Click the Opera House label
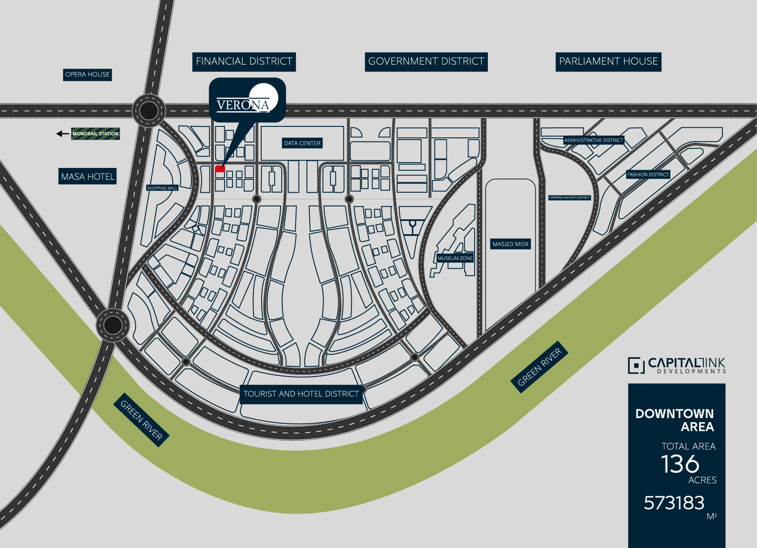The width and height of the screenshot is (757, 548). coord(87,75)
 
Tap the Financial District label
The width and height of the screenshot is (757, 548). coord(244,61)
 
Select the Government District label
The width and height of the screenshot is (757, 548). coord(426,61)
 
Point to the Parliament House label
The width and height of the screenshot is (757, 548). coord(608,61)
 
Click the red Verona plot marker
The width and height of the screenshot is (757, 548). coord(220,169)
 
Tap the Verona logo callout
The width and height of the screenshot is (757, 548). coord(247,100)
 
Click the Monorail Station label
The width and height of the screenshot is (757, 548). coord(95,133)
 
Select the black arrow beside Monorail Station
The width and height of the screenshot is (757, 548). coord(62,133)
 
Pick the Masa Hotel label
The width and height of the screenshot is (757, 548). coord(87,177)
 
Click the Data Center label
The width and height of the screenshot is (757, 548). coord(302,143)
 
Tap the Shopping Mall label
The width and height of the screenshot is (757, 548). coord(162,188)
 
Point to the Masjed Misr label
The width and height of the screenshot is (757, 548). coord(510,244)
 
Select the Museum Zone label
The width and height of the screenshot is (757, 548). coord(455,258)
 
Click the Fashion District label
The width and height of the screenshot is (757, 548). coord(648,175)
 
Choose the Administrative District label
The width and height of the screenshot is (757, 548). coord(593,140)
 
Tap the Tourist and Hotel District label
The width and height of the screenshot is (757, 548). coord(301,394)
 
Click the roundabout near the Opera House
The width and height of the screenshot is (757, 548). coord(148,110)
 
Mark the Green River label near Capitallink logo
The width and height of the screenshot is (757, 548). coord(539,367)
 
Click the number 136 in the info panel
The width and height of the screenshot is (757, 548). coord(680,464)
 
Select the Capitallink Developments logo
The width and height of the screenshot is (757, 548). coord(677,365)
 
